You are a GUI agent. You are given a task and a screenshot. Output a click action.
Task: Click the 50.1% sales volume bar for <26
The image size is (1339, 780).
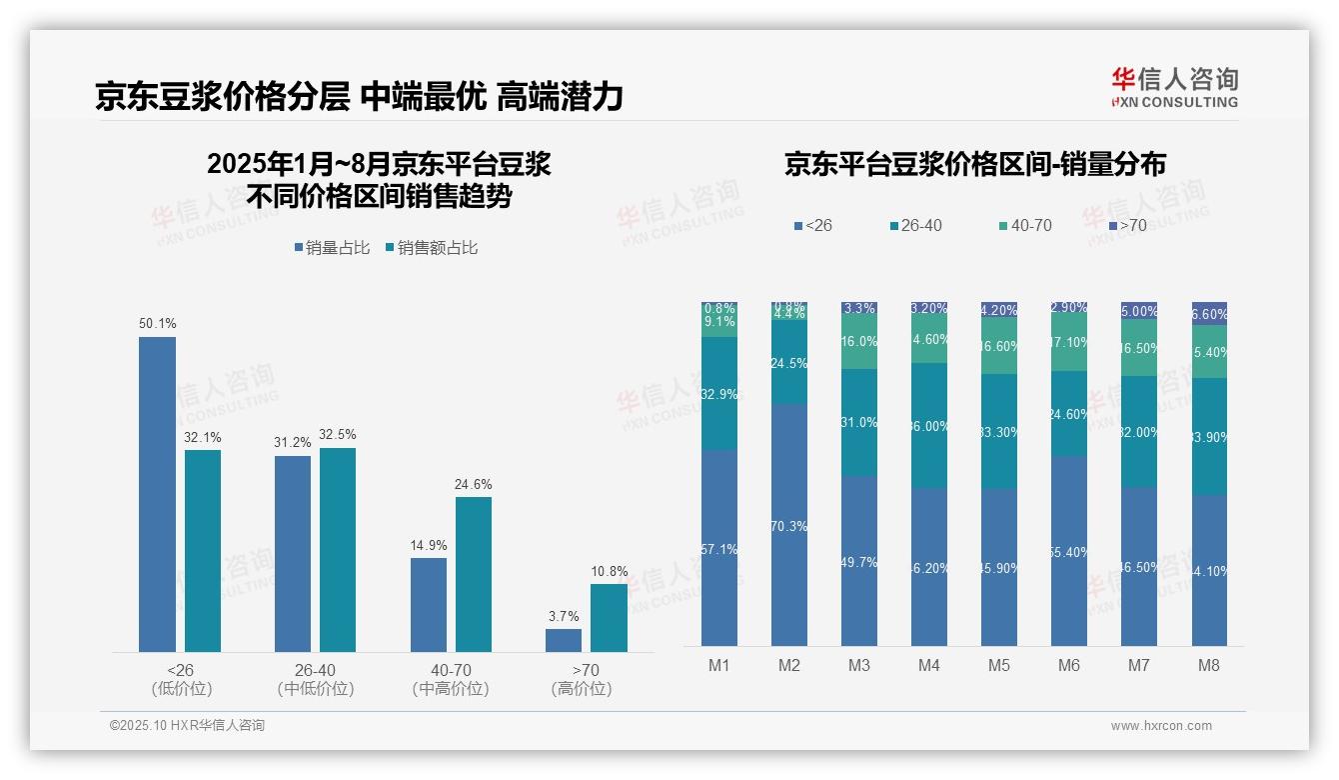157,494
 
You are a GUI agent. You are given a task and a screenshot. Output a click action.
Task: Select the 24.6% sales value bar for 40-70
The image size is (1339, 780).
474,574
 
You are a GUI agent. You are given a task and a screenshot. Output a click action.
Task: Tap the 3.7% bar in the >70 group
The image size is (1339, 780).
564,640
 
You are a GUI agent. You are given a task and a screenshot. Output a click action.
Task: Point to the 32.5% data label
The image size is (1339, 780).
338,435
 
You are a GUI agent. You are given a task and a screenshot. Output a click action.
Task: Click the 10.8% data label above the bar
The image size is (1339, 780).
610,572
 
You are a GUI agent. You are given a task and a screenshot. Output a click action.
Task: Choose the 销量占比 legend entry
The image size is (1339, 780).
334,248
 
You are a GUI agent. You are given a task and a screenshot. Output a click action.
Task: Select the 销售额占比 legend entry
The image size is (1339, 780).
431,248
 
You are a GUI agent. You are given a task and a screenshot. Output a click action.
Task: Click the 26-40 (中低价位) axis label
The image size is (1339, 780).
315,679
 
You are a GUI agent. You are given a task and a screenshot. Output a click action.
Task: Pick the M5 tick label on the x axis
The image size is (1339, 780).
999,665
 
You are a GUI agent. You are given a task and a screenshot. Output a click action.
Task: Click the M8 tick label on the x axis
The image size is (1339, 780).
1209,665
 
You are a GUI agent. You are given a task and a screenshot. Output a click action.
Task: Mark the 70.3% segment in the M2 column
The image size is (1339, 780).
789,525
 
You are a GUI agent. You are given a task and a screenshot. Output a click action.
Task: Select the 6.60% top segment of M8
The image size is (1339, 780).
1209,313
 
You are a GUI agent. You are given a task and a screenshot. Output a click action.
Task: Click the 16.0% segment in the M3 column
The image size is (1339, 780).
859,342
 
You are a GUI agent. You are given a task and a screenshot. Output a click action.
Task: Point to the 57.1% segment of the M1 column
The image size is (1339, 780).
719,548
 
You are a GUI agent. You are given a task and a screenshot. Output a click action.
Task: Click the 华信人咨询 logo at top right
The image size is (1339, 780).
1174,86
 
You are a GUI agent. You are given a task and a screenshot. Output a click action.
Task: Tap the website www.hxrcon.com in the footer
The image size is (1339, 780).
1161,726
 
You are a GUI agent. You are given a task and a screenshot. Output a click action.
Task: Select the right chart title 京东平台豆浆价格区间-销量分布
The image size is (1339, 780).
974,164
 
